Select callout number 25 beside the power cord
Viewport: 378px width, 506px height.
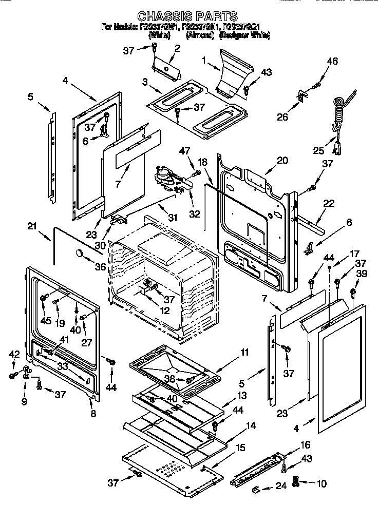tap(319, 150)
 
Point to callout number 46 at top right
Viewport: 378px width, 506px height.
tap(332, 62)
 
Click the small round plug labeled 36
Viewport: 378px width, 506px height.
tap(80, 252)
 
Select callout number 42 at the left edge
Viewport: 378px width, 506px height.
tap(14, 354)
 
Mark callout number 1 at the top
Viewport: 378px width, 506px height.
tap(204, 60)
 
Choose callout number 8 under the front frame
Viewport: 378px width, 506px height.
tap(93, 414)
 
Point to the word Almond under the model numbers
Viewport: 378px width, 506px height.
tap(197, 36)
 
